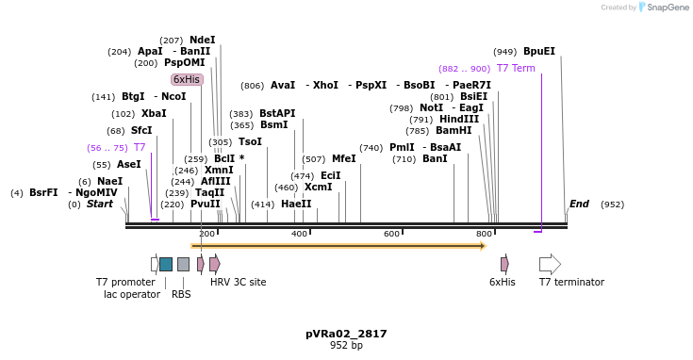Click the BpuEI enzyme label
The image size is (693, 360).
(538, 52)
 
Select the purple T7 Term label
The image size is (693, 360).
(516, 69)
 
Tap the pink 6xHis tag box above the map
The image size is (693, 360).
(187, 80)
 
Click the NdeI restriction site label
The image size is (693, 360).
(202, 41)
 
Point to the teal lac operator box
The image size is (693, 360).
(166, 264)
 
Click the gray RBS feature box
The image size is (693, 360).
(183, 264)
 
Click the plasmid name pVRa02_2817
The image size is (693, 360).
(346, 334)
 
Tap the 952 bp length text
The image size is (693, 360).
(346, 346)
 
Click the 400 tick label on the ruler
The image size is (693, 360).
(299, 234)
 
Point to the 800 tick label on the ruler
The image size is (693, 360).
(484, 234)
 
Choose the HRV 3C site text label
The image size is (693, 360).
(238, 282)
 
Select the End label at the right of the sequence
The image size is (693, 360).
(579, 204)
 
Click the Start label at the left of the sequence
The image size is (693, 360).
(100, 204)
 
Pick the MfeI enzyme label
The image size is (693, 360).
(343, 159)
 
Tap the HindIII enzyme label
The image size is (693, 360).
(458, 120)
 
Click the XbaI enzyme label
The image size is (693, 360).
(154, 114)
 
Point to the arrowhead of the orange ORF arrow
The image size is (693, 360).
(483, 246)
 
